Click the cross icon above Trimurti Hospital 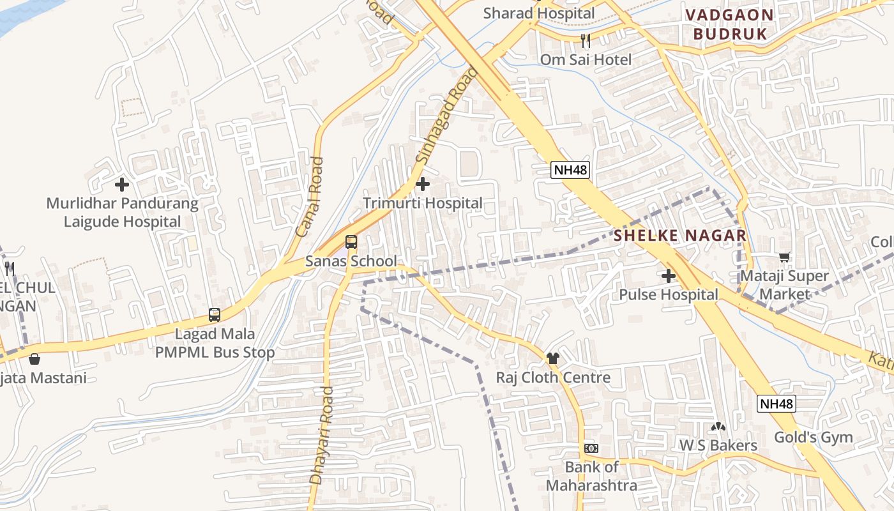tap(423, 185)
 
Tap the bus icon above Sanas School tap(351, 242)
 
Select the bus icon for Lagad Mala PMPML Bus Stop tap(215, 315)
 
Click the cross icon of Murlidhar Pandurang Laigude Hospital tap(122, 185)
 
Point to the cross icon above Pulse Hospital tap(669, 276)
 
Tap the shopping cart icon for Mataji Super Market tap(784, 257)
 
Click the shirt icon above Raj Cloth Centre tap(553, 358)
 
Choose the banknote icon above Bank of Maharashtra tap(591, 448)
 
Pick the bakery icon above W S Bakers tap(718, 426)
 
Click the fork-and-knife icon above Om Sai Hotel tap(586, 41)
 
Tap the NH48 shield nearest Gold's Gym tap(777, 404)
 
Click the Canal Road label tap(310, 197)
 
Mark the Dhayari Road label tap(321, 434)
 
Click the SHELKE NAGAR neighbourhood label tap(680, 236)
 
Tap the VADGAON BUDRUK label tap(729, 24)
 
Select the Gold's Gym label tap(814, 438)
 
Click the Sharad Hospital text tap(539, 13)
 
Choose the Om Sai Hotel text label tap(586, 60)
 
